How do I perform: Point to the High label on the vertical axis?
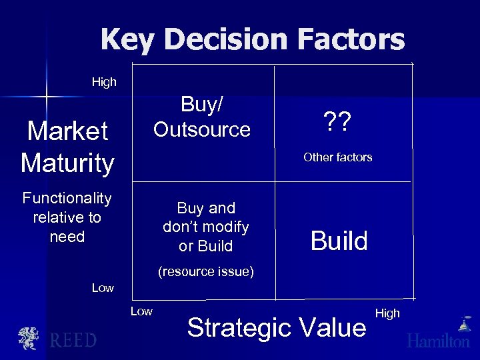click(104, 82)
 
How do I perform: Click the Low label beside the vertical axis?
click(103, 288)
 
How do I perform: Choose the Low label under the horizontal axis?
click(141, 311)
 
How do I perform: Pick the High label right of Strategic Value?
click(387, 313)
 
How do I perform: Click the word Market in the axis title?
click(67, 131)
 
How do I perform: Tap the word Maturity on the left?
click(67, 163)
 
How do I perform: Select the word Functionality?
click(67, 198)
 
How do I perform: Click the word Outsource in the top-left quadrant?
click(202, 129)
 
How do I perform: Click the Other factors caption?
click(337, 157)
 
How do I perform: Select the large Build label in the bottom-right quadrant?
click(339, 241)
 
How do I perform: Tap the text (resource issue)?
click(205, 271)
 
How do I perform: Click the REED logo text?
click(73, 340)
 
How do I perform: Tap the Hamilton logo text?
click(439, 341)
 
